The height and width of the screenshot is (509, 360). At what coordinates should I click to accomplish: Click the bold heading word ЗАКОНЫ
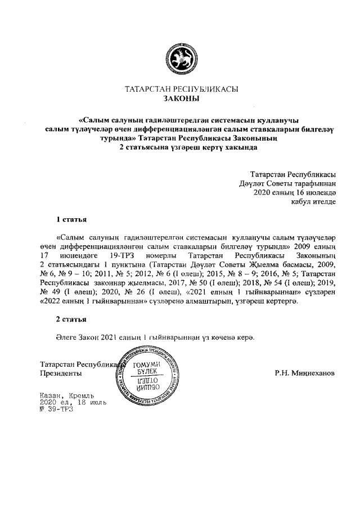point(181,99)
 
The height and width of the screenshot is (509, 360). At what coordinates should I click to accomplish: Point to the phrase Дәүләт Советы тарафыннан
point(292,183)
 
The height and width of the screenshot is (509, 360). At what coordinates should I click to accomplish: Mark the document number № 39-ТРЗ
point(56,410)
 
